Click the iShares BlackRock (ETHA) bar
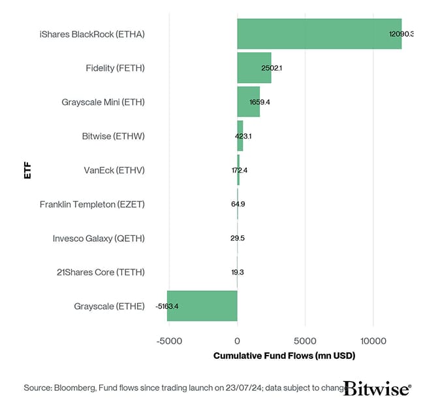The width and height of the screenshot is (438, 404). coord(319,34)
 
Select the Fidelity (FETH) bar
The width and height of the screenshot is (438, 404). coord(254,68)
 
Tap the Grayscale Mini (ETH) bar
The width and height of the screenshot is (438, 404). coord(248,102)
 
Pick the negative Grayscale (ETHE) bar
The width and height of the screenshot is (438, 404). coord(202,306)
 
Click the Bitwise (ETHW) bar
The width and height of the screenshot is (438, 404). coord(240,136)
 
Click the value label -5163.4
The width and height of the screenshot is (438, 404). coord(167,306)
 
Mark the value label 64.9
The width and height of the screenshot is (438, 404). coord(238,204)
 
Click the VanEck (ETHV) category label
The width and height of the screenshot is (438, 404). coord(114,170)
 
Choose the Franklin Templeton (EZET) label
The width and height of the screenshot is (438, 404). coord(92,204)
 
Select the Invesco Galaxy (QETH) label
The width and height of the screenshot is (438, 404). coord(99,238)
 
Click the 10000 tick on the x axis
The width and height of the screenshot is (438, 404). coord(373,340)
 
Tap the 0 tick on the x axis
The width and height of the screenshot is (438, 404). coord(237,340)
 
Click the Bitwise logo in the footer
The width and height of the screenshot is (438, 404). coord(377,388)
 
